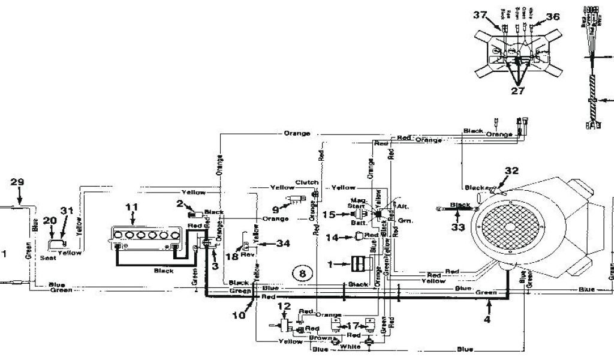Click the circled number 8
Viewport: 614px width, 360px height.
click(302, 274)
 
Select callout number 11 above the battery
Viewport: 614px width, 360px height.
click(132, 208)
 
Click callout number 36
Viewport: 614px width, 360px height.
click(552, 17)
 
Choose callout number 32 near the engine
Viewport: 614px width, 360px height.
click(511, 170)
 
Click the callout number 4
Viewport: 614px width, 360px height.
click(487, 320)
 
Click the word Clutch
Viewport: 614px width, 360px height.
click(306, 182)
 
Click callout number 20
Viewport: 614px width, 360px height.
click(50, 220)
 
